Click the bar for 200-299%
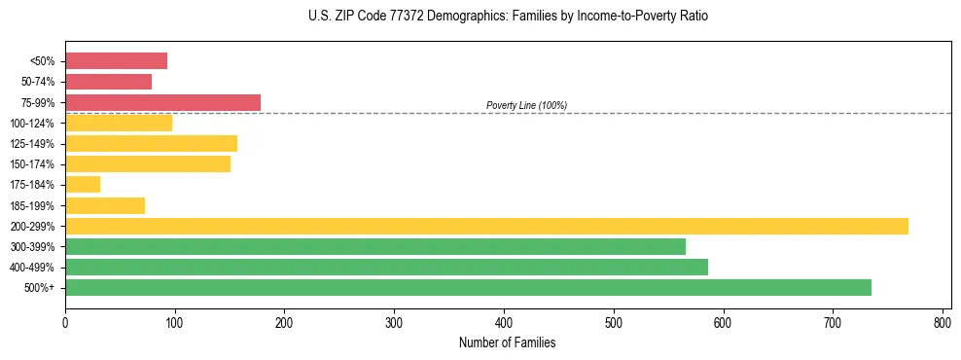pos(486,226)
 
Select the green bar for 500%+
pos(468,287)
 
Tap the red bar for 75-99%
pos(162,102)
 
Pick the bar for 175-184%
pos(83,184)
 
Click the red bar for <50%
pos(116,61)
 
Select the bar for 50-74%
pos(108,82)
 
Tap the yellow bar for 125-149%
pos(151,143)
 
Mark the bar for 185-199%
pos(105,205)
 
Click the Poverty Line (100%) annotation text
pos(526,105)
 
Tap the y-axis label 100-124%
pos(32,124)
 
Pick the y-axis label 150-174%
pos(32,164)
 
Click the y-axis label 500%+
pos(40,288)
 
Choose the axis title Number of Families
pos(508,342)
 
